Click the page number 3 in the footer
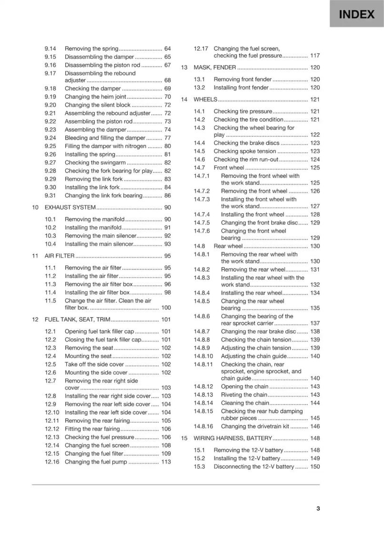[318, 508]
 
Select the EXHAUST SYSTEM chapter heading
[70, 208]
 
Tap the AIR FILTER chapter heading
[60, 256]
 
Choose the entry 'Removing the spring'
[91, 49]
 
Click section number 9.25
[51, 146]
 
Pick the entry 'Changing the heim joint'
[95, 97]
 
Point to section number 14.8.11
[203, 364]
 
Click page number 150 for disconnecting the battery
[315, 467]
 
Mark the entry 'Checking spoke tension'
[245, 151]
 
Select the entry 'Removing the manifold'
[95, 219]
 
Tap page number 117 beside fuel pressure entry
[315, 56]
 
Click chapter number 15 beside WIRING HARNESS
[184, 438]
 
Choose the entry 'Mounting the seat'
[88, 356]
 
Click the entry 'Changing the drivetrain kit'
[255, 427]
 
